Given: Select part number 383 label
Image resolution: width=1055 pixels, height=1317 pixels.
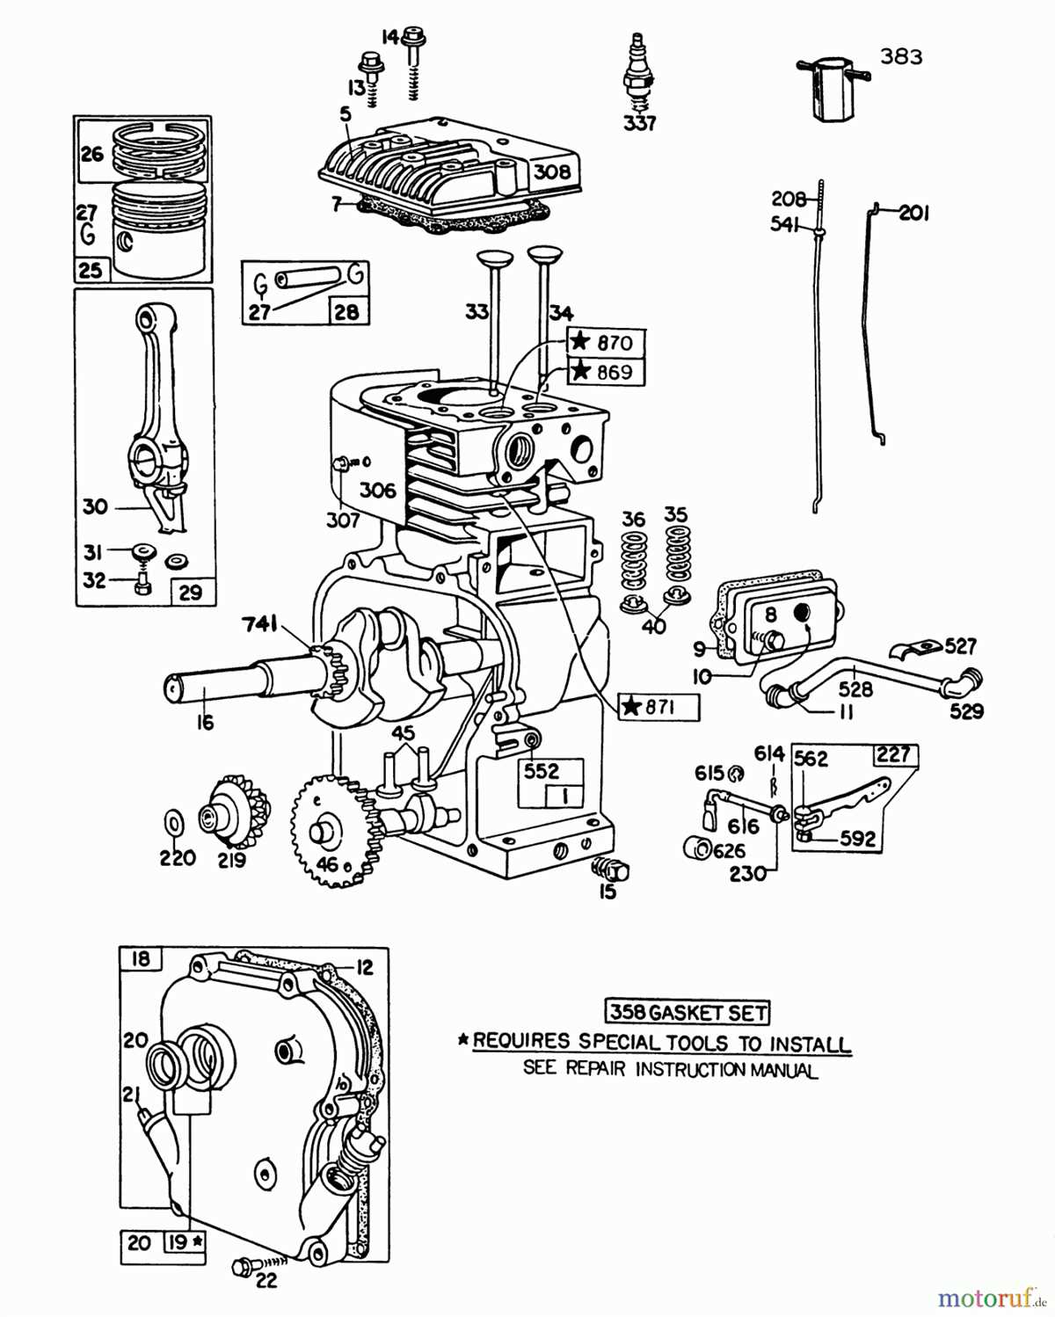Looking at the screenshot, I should (x=901, y=57).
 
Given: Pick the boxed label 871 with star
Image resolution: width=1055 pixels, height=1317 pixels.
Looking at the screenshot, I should (x=658, y=707).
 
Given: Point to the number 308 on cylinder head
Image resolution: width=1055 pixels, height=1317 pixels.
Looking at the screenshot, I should (x=552, y=171).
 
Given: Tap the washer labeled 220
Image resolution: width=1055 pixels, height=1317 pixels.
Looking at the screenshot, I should (x=174, y=824).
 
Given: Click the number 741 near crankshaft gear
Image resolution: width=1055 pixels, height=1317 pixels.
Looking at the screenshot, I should (x=260, y=625).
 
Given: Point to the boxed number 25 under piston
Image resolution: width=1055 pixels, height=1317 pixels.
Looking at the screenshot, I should (x=91, y=269).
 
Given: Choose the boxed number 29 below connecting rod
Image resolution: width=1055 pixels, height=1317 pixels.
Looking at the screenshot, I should (x=191, y=592).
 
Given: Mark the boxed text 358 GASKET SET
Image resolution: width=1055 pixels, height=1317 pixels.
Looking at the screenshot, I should (x=688, y=1012).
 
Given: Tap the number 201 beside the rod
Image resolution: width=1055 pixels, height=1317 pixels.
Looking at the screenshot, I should (x=913, y=213).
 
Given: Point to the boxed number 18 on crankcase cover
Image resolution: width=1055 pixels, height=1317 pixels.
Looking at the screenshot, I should (x=141, y=958).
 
